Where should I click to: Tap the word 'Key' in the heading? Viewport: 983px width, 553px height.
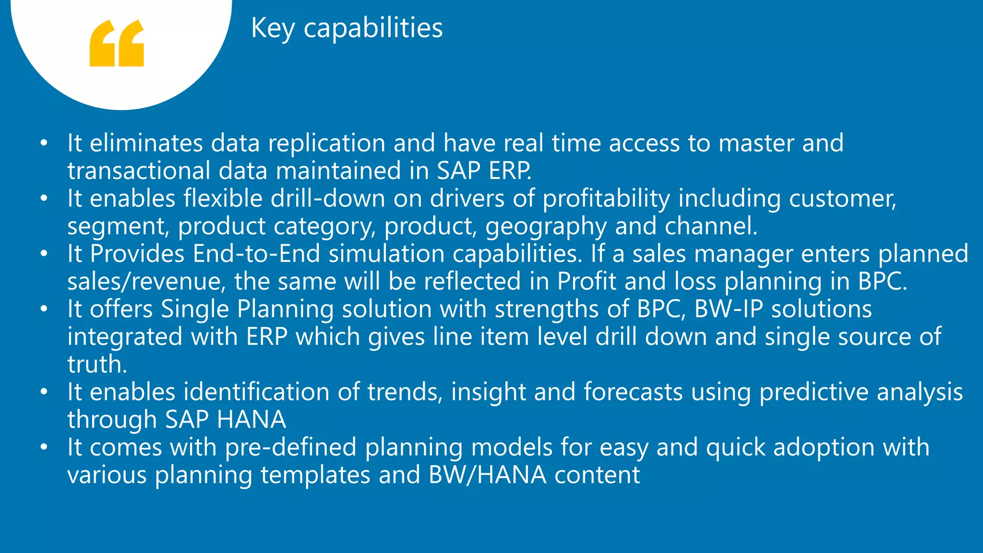click(273, 28)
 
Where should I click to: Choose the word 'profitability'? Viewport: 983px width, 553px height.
click(606, 199)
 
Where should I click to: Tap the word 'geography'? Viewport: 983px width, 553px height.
click(546, 227)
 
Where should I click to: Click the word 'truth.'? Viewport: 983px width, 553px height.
click(97, 364)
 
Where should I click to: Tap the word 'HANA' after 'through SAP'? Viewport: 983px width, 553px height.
click(251, 420)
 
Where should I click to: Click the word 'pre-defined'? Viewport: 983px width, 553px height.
click(290, 447)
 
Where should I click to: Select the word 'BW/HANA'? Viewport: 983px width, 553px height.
click(487, 475)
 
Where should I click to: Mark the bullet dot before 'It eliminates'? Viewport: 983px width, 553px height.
click(44, 143)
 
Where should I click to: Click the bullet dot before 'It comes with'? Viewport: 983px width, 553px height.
click(44, 447)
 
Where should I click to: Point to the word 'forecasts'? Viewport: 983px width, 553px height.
click(633, 392)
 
